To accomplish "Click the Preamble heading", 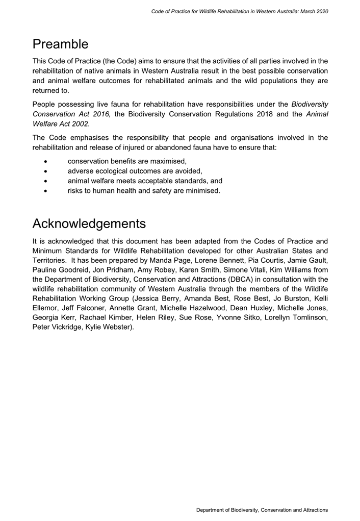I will [60, 44].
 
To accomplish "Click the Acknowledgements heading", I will [89, 224].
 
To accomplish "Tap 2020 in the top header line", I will [321, 11].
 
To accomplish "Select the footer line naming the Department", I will [262, 510].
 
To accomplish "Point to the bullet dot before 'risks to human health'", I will [46, 191].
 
